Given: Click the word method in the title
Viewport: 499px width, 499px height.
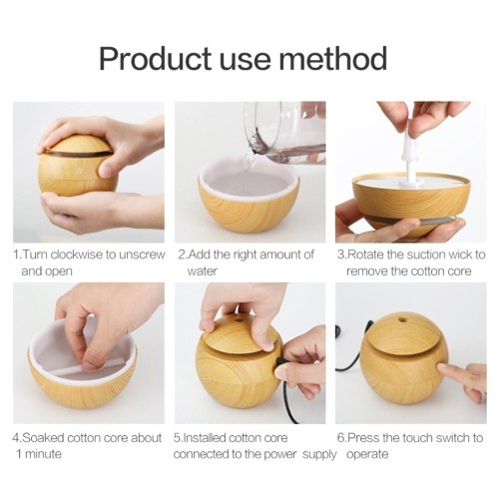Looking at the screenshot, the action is pyautogui.click(x=332, y=58).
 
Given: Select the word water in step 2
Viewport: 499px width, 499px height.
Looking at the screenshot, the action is pyautogui.click(x=203, y=271).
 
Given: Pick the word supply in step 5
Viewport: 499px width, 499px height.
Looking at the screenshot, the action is pyautogui.click(x=319, y=455).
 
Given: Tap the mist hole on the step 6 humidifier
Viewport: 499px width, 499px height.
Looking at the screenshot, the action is pyautogui.click(x=403, y=319).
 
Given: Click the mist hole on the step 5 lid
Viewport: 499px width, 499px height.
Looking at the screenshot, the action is pyautogui.click(x=239, y=320).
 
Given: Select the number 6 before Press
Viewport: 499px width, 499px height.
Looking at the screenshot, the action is pyautogui.click(x=340, y=437).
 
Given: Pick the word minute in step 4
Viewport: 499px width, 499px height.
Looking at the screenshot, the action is pyautogui.click(x=44, y=454).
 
